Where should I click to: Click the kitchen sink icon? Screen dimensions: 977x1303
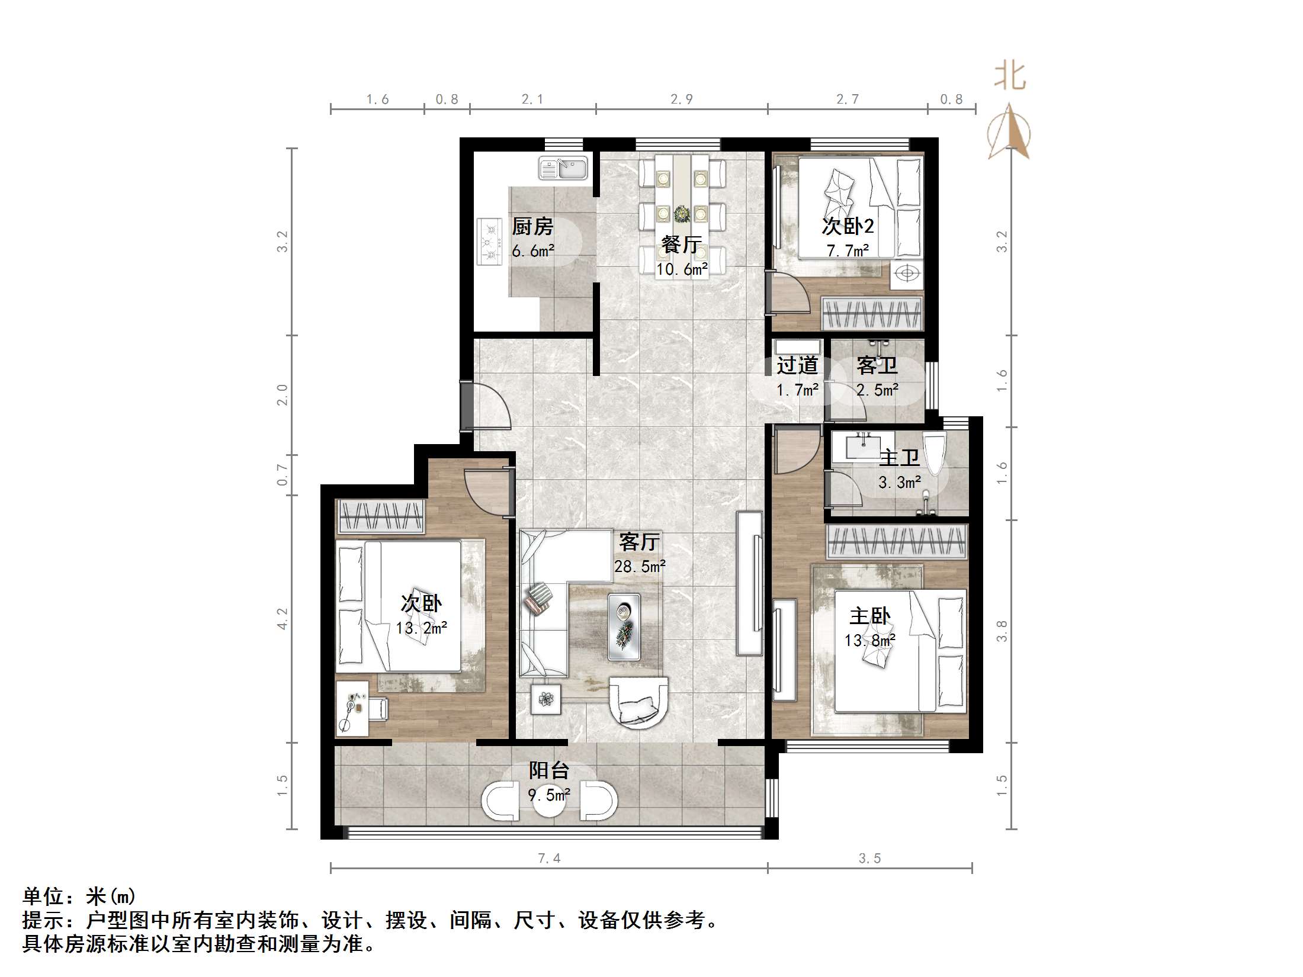(x=562, y=168)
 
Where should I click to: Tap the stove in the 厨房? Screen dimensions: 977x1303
(x=489, y=242)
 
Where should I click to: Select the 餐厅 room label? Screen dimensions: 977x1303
(x=682, y=245)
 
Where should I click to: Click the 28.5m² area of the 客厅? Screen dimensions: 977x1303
(x=640, y=567)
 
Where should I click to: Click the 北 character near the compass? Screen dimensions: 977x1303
(x=1009, y=78)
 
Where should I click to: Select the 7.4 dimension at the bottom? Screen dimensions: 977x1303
(x=549, y=858)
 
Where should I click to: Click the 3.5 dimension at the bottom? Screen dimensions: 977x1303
(x=869, y=858)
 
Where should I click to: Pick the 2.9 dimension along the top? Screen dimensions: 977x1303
(x=682, y=99)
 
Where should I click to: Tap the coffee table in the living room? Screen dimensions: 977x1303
(x=624, y=627)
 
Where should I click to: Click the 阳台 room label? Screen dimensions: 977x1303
(x=549, y=770)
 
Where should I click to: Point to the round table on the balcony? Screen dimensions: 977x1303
(x=549, y=801)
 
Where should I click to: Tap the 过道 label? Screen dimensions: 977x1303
(x=797, y=365)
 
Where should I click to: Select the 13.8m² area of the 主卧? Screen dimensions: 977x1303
(x=869, y=641)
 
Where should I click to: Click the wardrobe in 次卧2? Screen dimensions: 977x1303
(x=872, y=314)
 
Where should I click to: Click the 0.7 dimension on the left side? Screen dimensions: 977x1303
(x=283, y=474)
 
